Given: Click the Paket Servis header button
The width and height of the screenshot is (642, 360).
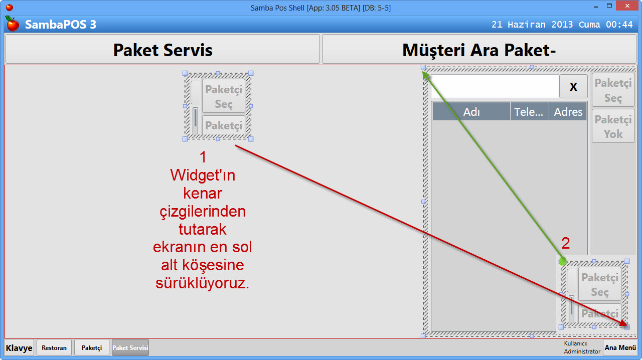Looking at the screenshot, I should pyautogui.click(x=162, y=49).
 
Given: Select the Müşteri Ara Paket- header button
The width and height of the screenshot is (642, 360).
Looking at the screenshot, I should pyautogui.click(x=479, y=49).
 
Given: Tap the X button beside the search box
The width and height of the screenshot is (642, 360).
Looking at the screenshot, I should pyautogui.click(x=573, y=86).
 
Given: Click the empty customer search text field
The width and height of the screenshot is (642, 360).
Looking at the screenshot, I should pyautogui.click(x=495, y=86).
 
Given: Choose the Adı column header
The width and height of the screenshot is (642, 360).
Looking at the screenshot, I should pyautogui.click(x=471, y=112).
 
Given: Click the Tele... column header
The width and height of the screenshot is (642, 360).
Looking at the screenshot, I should pyautogui.click(x=529, y=112).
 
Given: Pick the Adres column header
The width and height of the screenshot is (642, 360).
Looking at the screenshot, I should pyautogui.click(x=568, y=112).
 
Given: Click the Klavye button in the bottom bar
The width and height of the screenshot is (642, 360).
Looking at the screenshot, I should pyautogui.click(x=19, y=347).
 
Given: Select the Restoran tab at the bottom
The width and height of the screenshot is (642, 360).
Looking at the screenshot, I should pyautogui.click(x=54, y=347).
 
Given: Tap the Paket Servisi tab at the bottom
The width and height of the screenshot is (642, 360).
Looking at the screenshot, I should pyautogui.click(x=130, y=347).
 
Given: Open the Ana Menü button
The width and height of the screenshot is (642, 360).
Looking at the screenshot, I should pyautogui.click(x=620, y=347).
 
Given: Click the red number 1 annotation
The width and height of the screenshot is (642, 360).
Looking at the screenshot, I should pyautogui.click(x=203, y=157).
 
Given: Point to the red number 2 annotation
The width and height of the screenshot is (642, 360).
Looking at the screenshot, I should pyautogui.click(x=565, y=244).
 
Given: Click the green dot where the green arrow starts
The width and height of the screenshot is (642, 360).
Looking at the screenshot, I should pyautogui.click(x=563, y=261).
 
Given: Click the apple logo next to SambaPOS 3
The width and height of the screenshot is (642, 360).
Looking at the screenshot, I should pyautogui.click(x=12, y=24).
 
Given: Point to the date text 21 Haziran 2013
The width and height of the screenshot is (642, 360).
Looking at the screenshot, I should pyautogui.click(x=533, y=25).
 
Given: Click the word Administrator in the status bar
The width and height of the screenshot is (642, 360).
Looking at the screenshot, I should pyautogui.click(x=582, y=351).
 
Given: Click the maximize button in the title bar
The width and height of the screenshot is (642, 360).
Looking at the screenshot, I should pyautogui.click(x=609, y=7).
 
